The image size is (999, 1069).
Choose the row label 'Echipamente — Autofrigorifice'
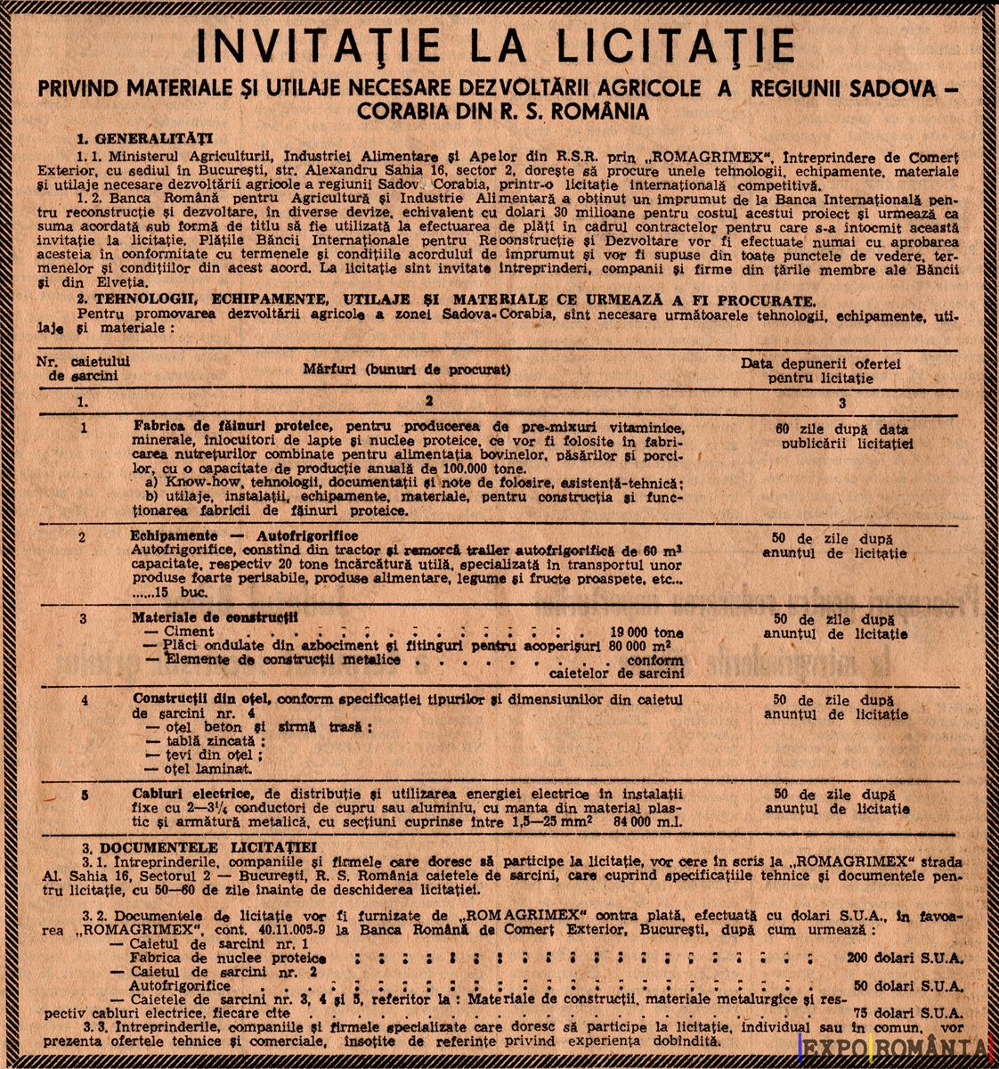(x=244, y=536)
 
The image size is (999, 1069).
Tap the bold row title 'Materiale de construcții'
(x=215, y=616)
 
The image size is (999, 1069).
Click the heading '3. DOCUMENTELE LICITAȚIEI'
(x=198, y=846)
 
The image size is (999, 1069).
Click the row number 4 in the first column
(x=84, y=700)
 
